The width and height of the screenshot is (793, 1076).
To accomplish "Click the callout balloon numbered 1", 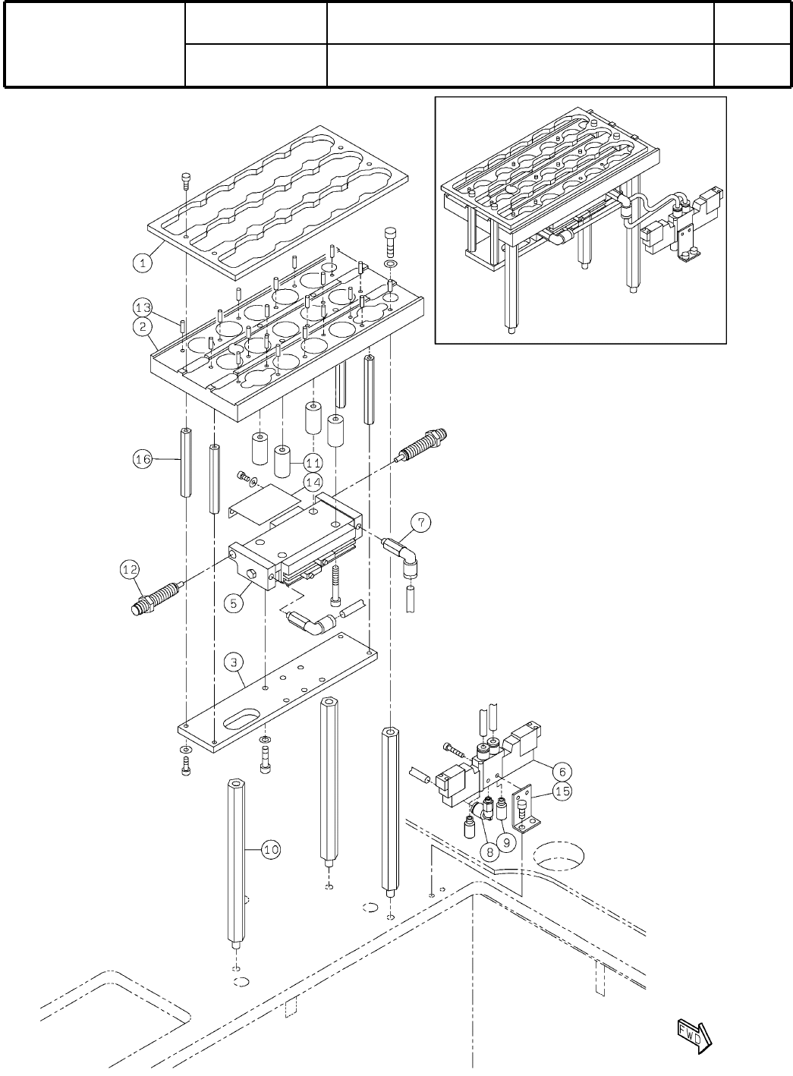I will tap(143, 263).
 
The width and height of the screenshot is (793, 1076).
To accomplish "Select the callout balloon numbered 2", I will tap(143, 328).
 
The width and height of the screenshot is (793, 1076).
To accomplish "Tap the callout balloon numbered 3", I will tap(235, 662).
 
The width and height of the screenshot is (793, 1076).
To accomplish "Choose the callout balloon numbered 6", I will tap(562, 770).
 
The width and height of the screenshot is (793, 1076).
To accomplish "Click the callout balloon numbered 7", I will tap(422, 522).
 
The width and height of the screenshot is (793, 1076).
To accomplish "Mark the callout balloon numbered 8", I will tap(490, 851).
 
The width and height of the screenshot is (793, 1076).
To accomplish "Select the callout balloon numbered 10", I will tap(272, 850).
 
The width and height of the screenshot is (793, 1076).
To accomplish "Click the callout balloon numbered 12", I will tap(130, 568).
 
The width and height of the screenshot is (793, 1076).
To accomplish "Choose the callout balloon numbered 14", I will tap(313, 481).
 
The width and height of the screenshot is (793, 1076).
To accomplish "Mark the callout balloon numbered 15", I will tap(562, 791).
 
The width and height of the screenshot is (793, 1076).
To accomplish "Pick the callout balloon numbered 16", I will tap(143, 458).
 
